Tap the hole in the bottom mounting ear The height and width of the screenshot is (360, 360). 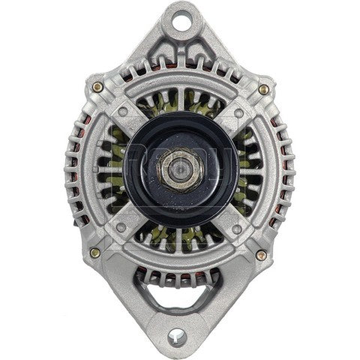180,335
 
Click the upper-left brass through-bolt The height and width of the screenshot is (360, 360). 97,88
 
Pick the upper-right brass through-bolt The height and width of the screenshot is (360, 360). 263,88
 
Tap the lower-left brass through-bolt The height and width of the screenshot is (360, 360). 95,253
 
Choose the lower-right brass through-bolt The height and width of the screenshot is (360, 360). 260,255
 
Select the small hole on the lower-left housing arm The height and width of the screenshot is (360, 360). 121,227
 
